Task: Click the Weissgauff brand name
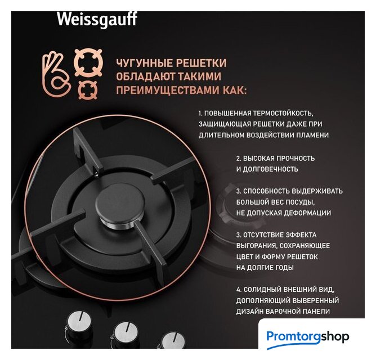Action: click(97, 19)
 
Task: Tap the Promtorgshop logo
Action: click(308, 337)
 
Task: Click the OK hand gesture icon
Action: click(56, 75)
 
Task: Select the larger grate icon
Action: click(88, 62)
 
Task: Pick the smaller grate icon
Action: click(88, 90)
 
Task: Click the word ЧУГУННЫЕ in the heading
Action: click(144, 63)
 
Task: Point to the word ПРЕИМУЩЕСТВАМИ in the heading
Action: click(168, 91)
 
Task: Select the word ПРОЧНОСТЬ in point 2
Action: click(296, 158)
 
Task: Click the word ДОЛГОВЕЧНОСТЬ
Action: click(271, 169)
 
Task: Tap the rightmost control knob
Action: click(172, 340)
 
